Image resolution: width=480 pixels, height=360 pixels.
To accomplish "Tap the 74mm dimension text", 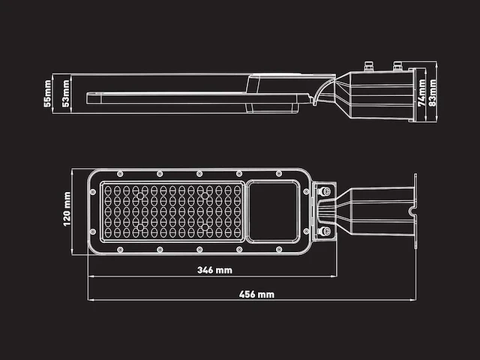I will coord(421,94).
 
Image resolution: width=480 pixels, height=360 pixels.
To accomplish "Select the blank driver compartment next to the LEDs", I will coord(273,211).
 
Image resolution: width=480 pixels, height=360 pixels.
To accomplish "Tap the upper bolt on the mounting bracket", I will coord(325,193).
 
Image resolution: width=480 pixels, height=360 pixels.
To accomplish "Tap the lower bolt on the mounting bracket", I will coord(325,231).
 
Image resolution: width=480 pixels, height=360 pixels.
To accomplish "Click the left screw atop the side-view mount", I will coord(369,66).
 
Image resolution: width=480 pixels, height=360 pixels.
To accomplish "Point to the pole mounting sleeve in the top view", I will coord(375,211).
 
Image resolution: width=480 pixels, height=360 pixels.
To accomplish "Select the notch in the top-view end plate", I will coord(413,212).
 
